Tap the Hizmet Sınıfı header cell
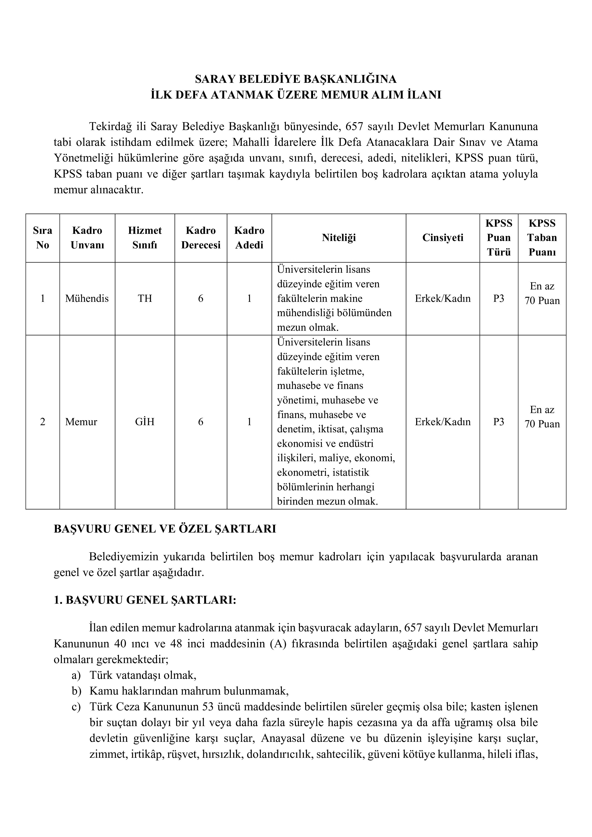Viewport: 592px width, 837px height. pyautogui.click(x=145, y=238)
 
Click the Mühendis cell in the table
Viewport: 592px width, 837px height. pyautogui.click(x=87, y=298)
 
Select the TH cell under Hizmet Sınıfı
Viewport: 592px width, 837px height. pyautogui.click(x=145, y=298)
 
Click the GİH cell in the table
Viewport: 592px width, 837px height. pyautogui.click(x=145, y=422)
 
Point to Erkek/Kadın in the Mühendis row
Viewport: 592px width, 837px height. pyautogui.click(x=443, y=298)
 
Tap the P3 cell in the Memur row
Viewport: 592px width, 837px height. pyautogui.click(x=498, y=422)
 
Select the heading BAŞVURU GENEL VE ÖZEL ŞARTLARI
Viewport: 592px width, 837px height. pyautogui.click(x=165, y=529)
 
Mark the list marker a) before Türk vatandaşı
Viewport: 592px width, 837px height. pyautogui.click(x=76, y=675)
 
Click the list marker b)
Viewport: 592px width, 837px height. pyautogui.click(x=76, y=691)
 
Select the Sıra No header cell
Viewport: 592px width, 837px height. pyautogui.click(x=43, y=238)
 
